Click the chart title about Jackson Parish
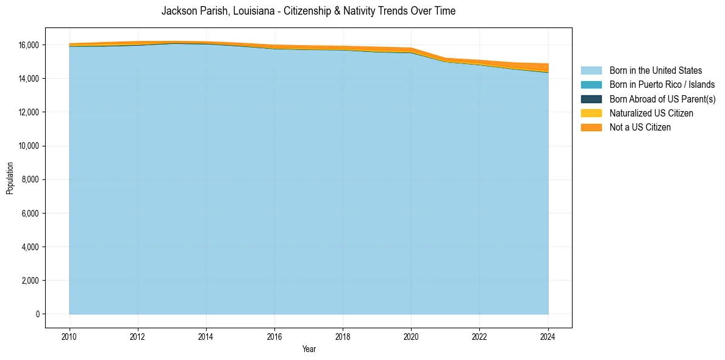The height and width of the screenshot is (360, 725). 308,11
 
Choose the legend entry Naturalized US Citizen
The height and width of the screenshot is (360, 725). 651,113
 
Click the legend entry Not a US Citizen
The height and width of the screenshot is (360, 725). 640,128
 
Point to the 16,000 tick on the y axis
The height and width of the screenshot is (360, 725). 29,45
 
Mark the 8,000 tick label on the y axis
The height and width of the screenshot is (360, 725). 31,180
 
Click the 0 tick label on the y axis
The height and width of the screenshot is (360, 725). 37,314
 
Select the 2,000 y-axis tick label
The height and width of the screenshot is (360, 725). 31,281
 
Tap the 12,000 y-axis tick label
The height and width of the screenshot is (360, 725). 29,112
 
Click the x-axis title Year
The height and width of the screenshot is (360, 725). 309,349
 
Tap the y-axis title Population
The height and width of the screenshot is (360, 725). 10,178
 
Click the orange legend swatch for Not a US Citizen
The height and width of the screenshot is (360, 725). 591,128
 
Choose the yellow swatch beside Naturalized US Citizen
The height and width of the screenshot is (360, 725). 591,113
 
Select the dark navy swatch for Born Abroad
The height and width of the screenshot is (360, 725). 591,99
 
